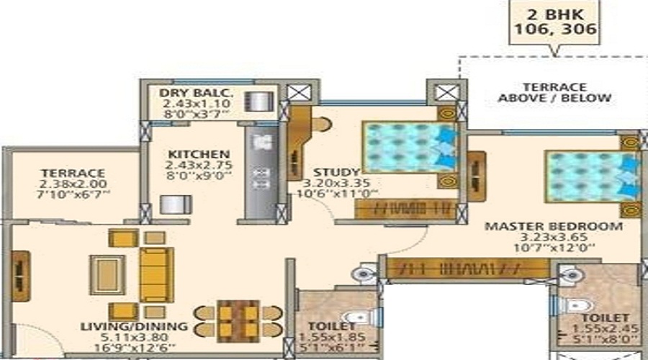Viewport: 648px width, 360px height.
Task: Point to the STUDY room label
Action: click(336, 172)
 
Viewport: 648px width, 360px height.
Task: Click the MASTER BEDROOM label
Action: click(553, 226)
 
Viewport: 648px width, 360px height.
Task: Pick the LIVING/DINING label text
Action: click(135, 326)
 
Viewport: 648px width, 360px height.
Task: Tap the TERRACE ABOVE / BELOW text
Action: click(554, 92)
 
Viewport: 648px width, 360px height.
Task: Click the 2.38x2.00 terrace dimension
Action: click(73, 184)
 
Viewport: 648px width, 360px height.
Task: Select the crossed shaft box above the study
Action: click(441, 92)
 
